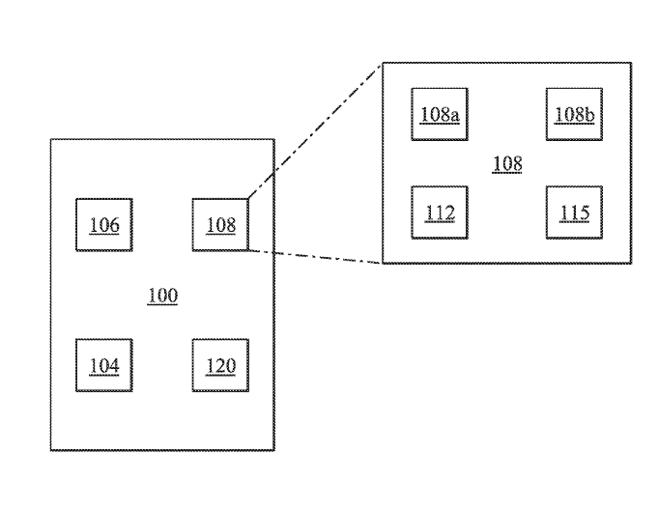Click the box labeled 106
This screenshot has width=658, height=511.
coord(104,225)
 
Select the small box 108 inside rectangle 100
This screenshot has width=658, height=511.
coord(220,225)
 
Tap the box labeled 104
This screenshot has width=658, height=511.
coord(104,365)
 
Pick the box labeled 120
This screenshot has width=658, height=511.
coord(220,365)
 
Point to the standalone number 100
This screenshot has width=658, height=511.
coord(162,296)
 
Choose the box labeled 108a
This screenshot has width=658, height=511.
coord(440,114)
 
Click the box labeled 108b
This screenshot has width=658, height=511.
coord(574,114)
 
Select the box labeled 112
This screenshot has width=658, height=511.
coord(440,213)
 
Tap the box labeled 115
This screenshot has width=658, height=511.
coord(574,213)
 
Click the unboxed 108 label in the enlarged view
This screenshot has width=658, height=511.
coord(507,163)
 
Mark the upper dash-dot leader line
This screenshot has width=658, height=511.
coord(316,130)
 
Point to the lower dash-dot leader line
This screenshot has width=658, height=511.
coord(316,258)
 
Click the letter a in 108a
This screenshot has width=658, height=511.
coord(453,115)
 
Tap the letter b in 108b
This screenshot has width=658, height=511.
coord(588,114)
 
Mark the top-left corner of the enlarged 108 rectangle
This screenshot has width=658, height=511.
coord(385,64)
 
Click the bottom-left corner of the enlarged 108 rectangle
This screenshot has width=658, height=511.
coord(385,263)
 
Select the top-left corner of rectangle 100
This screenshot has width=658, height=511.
coord(50,140)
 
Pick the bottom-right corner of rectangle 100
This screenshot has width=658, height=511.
coord(273,451)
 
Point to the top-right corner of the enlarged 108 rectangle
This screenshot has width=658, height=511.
coord(631,64)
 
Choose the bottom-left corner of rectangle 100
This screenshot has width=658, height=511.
coord(50,451)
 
